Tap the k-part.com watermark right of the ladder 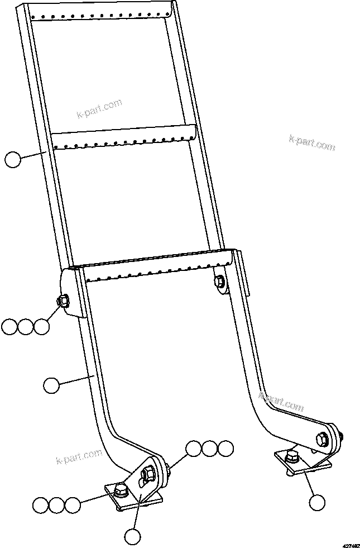click(x=312, y=142)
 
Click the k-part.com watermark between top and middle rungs click(x=99, y=109)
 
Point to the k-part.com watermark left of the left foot click(x=79, y=456)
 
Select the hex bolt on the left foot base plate click(x=120, y=491)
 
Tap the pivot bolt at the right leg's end click(x=323, y=438)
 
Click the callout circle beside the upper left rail click(x=12, y=159)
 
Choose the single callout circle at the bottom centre click(x=133, y=537)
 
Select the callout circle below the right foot click(x=317, y=502)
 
